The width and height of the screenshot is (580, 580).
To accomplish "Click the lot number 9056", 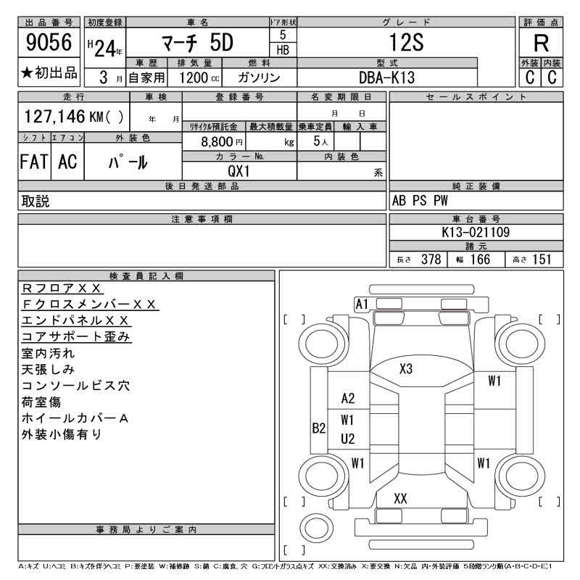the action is [x=49, y=42].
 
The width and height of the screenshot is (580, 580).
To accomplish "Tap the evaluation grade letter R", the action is [x=541, y=43].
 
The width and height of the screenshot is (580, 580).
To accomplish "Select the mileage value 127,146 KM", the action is [x=64, y=117].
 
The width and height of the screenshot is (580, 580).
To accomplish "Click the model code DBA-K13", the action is [x=387, y=78].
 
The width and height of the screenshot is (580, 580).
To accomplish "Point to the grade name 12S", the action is [x=406, y=43].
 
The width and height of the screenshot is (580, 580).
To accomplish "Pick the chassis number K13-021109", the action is [x=476, y=232].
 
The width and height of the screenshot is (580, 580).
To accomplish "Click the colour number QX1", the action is [x=239, y=171].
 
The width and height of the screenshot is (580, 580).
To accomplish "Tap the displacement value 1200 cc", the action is [x=199, y=78].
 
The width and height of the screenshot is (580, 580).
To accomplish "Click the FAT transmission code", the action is [x=34, y=162].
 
